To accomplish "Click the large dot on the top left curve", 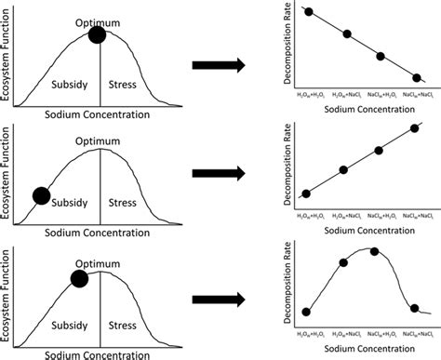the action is click(98, 35).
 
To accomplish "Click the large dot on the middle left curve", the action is click(41, 195).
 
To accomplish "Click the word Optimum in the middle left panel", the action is click(100, 140).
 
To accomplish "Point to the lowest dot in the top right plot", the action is click(416, 78).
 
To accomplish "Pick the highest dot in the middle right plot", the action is click(415, 129).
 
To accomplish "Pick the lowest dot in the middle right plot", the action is click(307, 194).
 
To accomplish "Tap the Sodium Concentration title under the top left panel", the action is click(97, 115).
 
